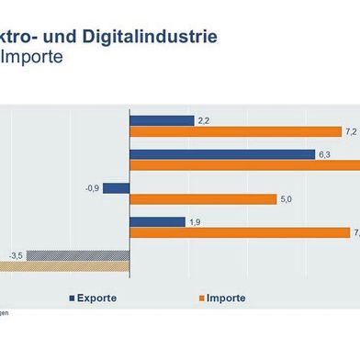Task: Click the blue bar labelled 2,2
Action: coord(162,120)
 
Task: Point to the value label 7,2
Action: coord(350,132)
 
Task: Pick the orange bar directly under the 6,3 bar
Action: coord(244,165)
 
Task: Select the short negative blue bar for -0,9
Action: coord(116,187)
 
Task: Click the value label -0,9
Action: coord(91,187)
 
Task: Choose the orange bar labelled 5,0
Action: coord(202,199)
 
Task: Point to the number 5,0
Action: coord(286,199)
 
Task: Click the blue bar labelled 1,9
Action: coord(157,221)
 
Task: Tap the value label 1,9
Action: coord(194,221)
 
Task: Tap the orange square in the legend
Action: coord(201,298)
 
